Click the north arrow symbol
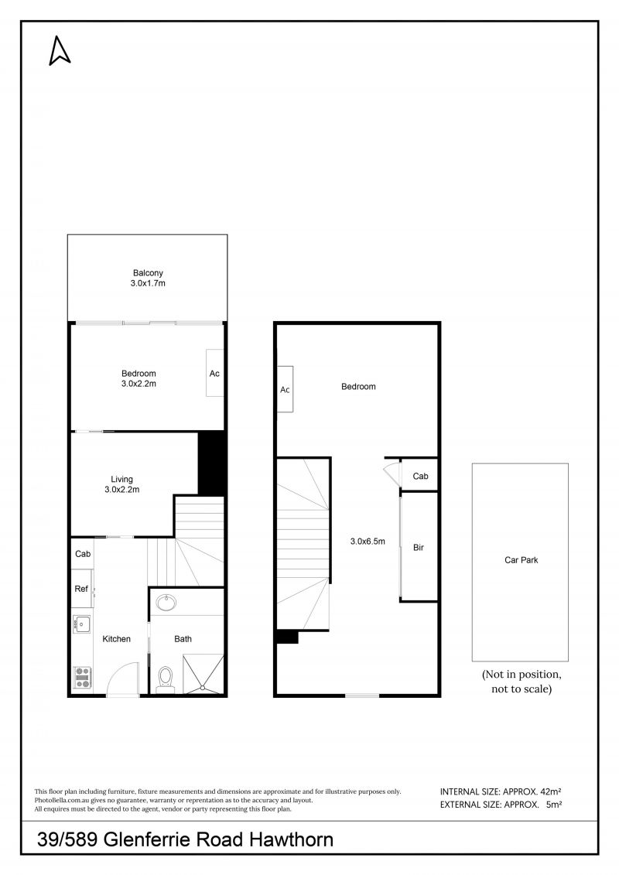click(x=60, y=51)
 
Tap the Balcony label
click(x=148, y=273)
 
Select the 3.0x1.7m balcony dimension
click(x=148, y=283)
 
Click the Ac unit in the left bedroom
click(x=215, y=373)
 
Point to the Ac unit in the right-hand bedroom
click(x=286, y=389)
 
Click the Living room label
click(x=121, y=479)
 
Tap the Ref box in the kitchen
click(x=81, y=588)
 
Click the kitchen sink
click(x=81, y=624)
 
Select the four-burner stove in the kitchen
click(x=83, y=678)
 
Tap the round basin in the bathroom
click(x=166, y=603)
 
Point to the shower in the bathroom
click(x=203, y=674)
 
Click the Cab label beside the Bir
click(x=420, y=476)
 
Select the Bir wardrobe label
click(x=419, y=548)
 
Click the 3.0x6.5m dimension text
click(x=368, y=541)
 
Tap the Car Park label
click(x=522, y=559)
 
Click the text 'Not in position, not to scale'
click(x=522, y=682)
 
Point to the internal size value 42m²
click(x=551, y=791)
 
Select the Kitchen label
click(x=116, y=639)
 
